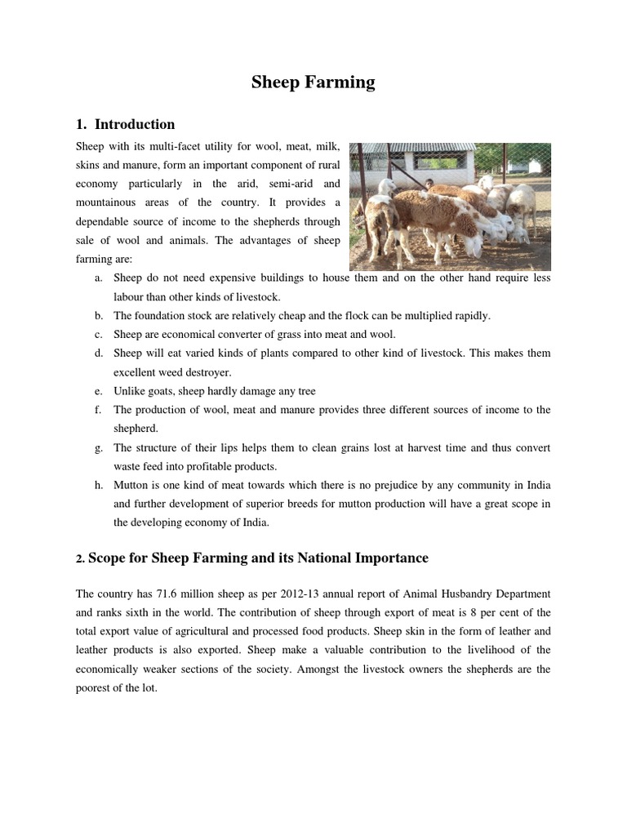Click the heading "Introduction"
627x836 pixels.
tap(135, 125)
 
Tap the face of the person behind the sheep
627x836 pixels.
tap(429, 184)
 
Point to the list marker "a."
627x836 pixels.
tap(98, 278)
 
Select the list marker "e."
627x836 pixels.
tap(98, 391)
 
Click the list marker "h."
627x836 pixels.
tap(98, 485)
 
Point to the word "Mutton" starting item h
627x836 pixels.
tap(131, 485)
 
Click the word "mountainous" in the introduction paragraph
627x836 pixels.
tap(108, 202)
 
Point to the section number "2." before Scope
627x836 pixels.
tap(80, 559)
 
